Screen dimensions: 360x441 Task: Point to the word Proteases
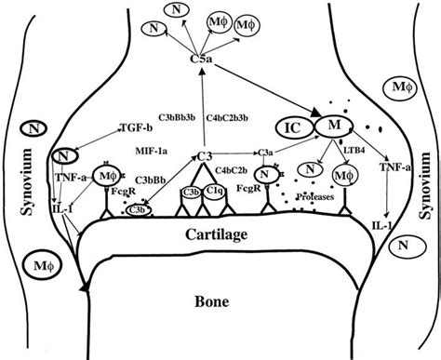pyautogui.click(x=314, y=197)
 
